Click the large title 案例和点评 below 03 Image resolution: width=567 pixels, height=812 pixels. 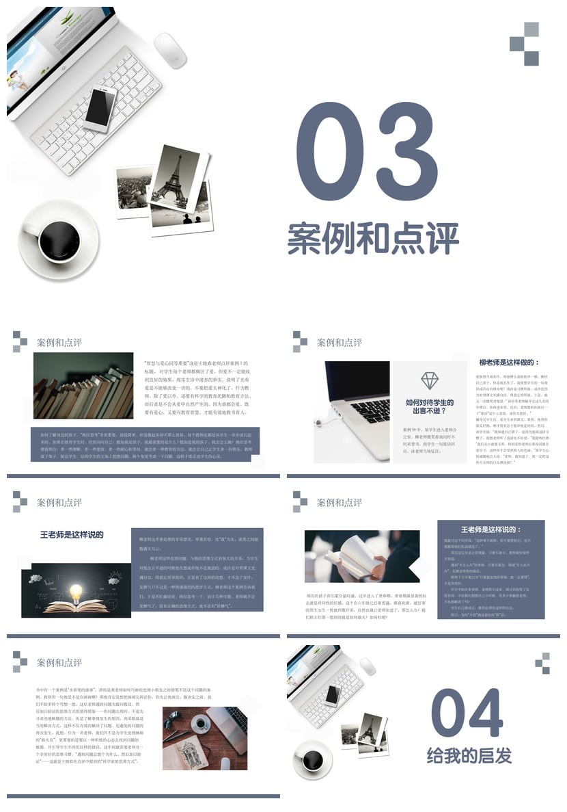(x=372, y=238)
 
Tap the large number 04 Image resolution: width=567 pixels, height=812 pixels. (x=467, y=714)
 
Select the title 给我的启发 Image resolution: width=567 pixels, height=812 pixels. (x=469, y=756)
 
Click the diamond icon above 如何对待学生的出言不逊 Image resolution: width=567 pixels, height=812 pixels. (x=430, y=380)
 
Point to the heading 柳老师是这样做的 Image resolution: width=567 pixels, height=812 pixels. (x=509, y=363)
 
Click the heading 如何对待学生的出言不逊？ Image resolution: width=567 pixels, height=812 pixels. (x=429, y=407)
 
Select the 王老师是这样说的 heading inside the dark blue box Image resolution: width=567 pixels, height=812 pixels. (x=490, y=529)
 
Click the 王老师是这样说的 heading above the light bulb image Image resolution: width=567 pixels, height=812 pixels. (x=72, y=534)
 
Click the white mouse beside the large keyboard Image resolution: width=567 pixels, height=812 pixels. (x=170, y=50)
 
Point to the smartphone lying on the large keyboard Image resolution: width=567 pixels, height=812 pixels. (x=100, y=109)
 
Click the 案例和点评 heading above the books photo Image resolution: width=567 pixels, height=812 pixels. (x=59, y=342)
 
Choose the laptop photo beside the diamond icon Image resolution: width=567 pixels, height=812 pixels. (x=351, y=404)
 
